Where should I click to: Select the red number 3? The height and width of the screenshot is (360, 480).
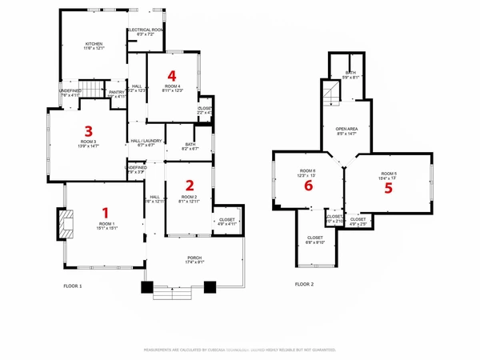pyautogui.click(x=89, y=130)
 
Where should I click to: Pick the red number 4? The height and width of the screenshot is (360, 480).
pyautogui.click(x=171, y=76)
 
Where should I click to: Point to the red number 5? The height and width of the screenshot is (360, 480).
pyautogui.click(x=389, y=188)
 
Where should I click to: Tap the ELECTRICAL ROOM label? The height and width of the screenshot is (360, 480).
pyautogui.click(x=146, y=30)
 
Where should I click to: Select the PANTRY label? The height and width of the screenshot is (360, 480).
pyautogui.click(x=117, y=93)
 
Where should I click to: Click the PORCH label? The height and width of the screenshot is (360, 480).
pyautogui.click(x=194, y=258)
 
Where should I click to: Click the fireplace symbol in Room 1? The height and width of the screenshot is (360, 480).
pyautogui.click(x=62, y=225)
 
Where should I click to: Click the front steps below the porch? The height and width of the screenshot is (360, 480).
pyautogui.click(x=176, y=294)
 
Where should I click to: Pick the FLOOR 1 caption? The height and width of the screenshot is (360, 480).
pyautogui.click(x=73, y=286)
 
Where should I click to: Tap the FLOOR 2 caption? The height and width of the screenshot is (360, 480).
pyautogui.click(x=304, y=284)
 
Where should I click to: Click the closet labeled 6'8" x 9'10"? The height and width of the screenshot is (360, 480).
pyautogui.click(x=316, y=239)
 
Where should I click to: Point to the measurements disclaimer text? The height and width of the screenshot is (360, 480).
pyautogui.click(x=240, y=350)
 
